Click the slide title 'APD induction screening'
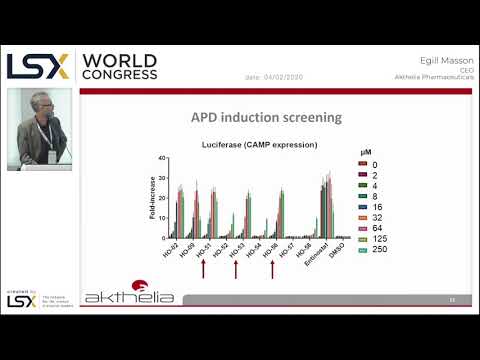tap(266, 117)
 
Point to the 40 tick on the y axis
tap(160, 159)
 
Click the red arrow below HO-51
tap(204, 271)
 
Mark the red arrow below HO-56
tap(271, 271)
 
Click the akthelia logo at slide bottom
tap(129, 297)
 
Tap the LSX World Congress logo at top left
tap(82, 66)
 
